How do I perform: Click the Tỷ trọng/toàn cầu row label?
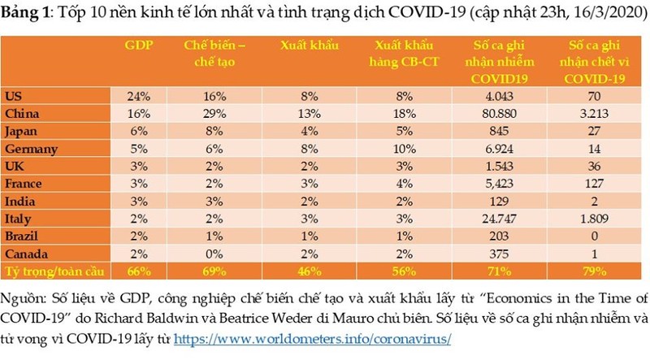pyautogui.click(x=48, y=269)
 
